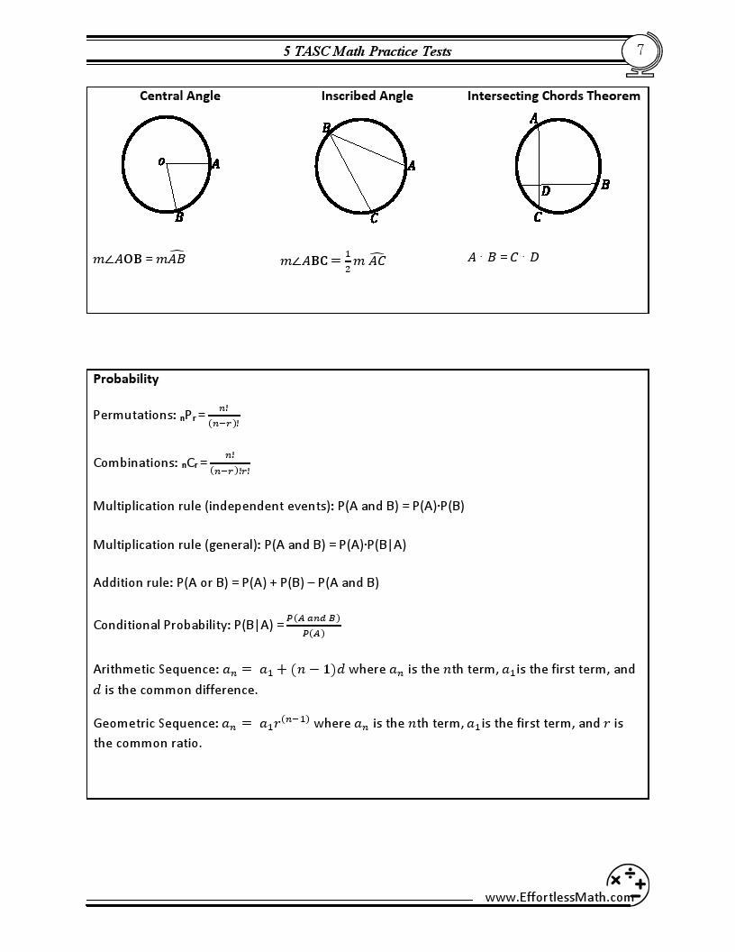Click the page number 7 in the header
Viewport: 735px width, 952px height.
[640, 50]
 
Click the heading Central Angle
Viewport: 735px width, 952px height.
[180, 96]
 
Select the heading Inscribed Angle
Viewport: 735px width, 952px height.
[367, 96]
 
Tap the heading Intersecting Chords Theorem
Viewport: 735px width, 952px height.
[553, 96]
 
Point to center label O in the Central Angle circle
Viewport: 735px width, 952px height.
[161, 162]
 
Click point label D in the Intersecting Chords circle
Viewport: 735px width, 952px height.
[546, 191]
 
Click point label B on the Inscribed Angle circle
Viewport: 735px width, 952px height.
[326, 129]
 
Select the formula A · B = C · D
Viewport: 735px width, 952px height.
[503, 257]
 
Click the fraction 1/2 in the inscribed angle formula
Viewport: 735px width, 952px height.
[348, 261]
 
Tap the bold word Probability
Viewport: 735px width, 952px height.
[126, 379]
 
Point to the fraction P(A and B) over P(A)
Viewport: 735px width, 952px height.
[313, 625]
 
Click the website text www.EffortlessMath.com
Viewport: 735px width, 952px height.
[558, 897]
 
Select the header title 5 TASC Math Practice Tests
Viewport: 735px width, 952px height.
[367, 51]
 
